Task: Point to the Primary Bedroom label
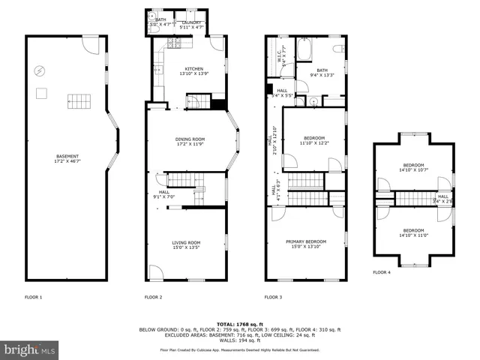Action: (306, 245)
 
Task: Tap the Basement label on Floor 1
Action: (67, 159)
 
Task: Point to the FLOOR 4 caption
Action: (382, 272)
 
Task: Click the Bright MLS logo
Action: (28, 349)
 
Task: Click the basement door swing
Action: (90, 46)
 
